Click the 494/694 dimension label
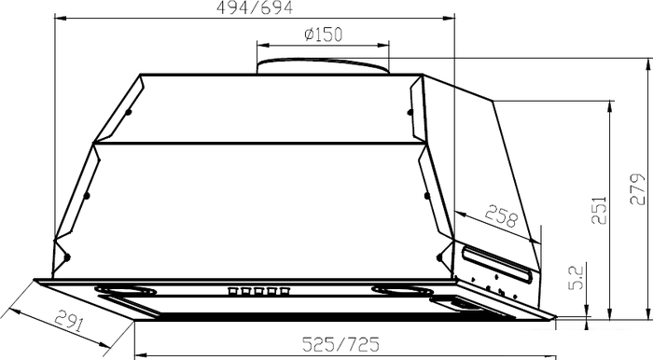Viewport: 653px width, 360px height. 255,7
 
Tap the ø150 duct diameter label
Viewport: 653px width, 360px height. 323,35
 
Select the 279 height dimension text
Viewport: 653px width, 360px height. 637,189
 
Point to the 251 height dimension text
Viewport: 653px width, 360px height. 599,210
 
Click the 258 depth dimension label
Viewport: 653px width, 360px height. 501,215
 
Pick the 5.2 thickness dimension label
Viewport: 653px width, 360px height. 577,277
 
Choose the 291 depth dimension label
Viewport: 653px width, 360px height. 69,321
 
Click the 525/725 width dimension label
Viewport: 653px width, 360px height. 340,344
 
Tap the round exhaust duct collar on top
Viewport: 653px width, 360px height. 323,66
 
